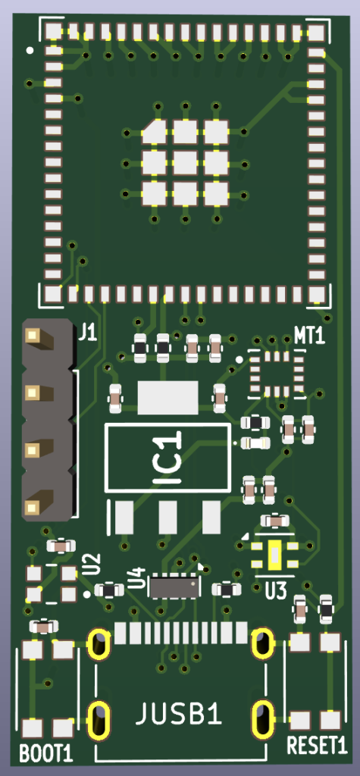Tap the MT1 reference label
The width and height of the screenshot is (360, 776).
[x=310, y=336]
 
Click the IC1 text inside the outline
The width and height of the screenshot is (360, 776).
[x=166, y=457]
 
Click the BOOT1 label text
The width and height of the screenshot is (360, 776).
[x=46, y=754]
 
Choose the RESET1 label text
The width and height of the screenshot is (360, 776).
[x=318, y=746]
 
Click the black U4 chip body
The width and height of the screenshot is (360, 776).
[x=176, y=587]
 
